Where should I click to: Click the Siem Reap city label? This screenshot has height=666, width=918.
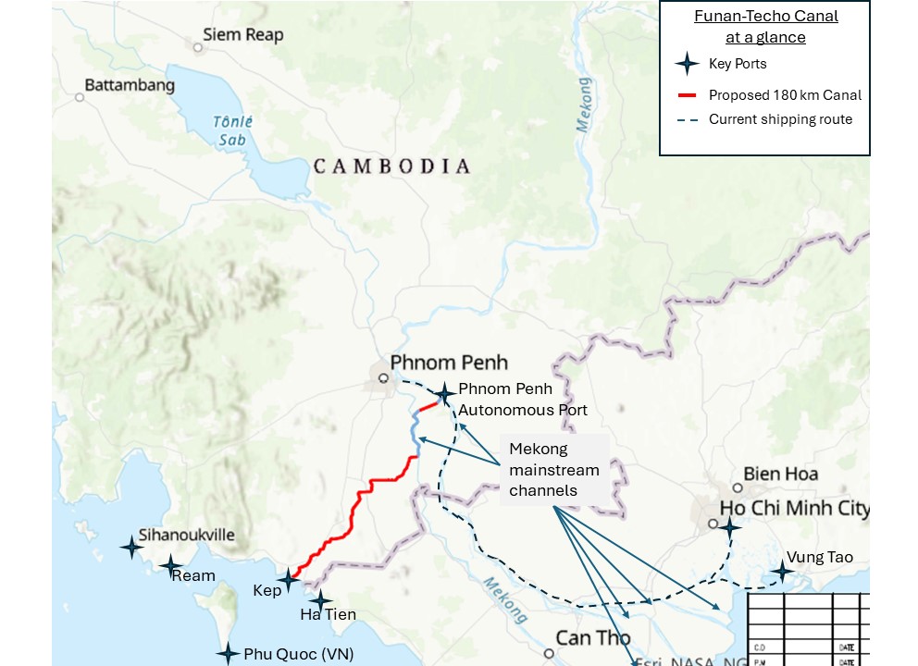pyautogui.click(x=244, y=35)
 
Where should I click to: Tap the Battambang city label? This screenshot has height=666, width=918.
pyautogui.click(x=130, y=85)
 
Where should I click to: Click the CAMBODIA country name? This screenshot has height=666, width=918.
pyautogui.click(x=391, y=166)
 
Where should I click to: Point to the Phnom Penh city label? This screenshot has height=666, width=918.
pyautogui.click(x=449, y=362)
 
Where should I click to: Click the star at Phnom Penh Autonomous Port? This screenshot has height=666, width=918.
pyautogui.click(x=445, y=394)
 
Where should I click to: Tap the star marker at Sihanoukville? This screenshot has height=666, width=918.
pyautogui.click(x=132, y=548)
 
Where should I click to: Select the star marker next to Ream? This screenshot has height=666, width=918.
pyautogui.click(x=170, y=565)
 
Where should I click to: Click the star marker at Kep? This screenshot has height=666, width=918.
pyautogui.click(x=289, y=581)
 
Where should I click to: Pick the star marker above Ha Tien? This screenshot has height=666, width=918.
pyautogui.click(x=320, y=600)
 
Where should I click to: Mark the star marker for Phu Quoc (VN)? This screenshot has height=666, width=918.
pyautogui.click(x=228, y=654)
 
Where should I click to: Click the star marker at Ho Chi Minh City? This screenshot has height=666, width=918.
pyautogui.click(x=730, y=528)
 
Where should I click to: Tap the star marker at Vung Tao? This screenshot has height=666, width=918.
pyautogui.click(x=782, y=572)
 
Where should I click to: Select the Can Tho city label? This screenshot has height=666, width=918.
pyautogui.click(x=592, y=638)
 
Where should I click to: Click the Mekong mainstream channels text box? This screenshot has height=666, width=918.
pyautogui.click(x=553, y=470)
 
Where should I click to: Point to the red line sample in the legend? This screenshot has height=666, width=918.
pyautogui.click(x=686, y=95)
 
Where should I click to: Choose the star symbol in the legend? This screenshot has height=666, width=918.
pyautogui.click(x=686, y=64)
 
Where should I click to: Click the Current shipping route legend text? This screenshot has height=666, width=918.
pyautogui.click(x=780, y=119)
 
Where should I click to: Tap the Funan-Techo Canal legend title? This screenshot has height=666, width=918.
pyautogui.click(x=765, y=27)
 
